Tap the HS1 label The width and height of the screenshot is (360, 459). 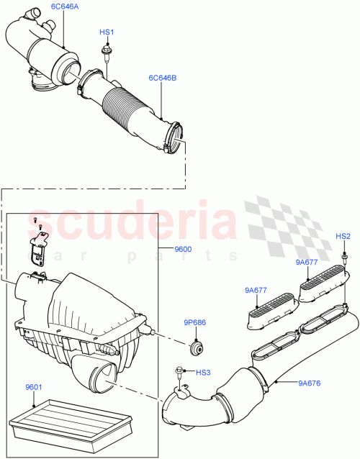107,33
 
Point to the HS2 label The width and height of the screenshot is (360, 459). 343,236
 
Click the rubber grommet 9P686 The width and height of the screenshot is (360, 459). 194,349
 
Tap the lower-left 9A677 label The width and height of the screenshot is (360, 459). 256,291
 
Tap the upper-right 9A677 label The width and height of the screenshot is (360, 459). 307,263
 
